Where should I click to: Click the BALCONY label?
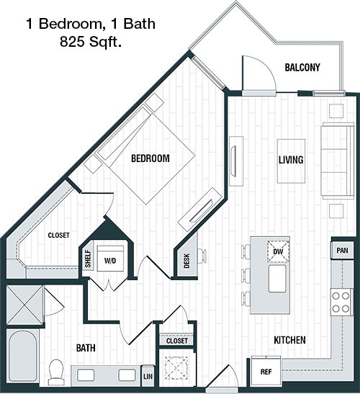click(302, 67)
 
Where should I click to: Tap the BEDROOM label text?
click(150, 158)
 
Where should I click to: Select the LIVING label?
click(291, 160)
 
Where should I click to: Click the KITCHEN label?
click(289, 340)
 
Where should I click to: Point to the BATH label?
click(86, 348)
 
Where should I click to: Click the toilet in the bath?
click(55, 372)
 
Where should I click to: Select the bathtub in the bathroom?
click(22, 356)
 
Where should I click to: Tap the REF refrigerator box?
click(266, 372)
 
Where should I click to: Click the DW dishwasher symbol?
click(278, 251)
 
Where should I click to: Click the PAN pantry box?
click(342, 250)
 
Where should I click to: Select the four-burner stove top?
click(342, 302)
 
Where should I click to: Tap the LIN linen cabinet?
click(148, 376)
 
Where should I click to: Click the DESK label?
click(186, 261)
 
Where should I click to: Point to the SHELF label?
click(88, 259)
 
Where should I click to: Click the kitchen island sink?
click(277, 279)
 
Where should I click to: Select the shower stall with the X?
click(24, 305)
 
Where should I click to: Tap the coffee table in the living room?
click(291, 161)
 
